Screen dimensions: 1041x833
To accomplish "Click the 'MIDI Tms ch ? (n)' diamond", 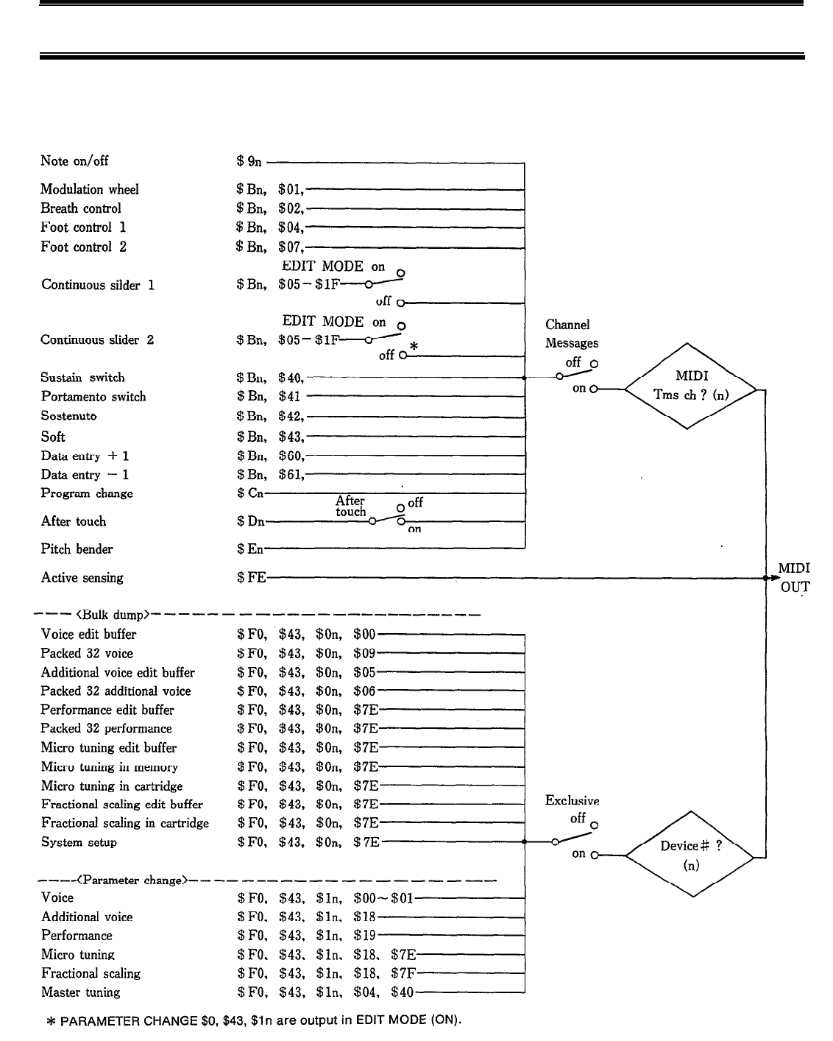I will click(690, 386).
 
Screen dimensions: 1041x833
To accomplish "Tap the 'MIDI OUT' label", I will click(794, 578).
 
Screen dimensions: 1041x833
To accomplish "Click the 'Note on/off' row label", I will click(74, 161).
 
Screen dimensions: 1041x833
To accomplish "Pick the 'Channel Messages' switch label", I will click(572, 334).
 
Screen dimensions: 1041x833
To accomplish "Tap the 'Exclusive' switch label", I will click(572, 800).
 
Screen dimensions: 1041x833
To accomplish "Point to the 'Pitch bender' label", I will click(77, 549).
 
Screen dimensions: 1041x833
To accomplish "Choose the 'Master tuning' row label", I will click(80, 992).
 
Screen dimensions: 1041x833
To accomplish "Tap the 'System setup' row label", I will click(79, 842).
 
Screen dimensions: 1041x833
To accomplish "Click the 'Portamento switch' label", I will click(93, 397).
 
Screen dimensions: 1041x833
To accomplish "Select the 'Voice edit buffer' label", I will click(88, 635).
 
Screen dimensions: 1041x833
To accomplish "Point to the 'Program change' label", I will click(87, 493).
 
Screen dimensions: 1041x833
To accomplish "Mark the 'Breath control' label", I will click(80, 208).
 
